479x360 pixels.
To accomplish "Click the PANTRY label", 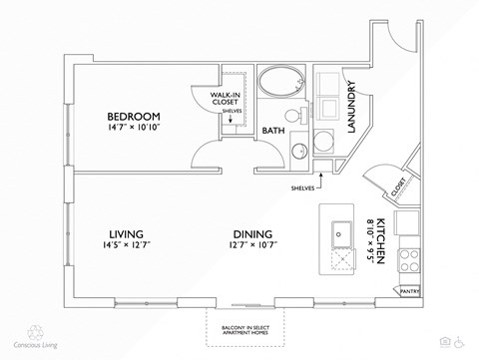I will click(x=409, y=291).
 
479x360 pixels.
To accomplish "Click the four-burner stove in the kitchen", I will click(x=409, y=260).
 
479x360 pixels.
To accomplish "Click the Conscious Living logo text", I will click(x=34, y=346).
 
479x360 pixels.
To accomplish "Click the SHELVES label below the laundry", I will click(x=303, y=185).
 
